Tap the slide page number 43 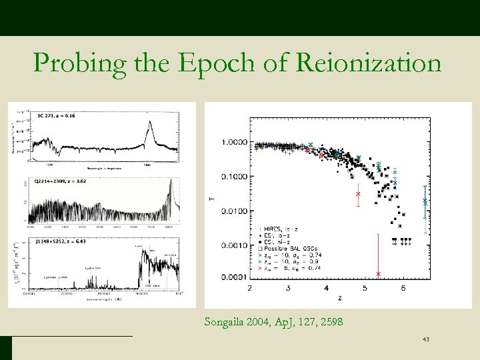[x=425, y=341]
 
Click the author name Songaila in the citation [x=227, y=323]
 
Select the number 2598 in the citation [x=331, y=323]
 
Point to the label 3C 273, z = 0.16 [x=55, y=114]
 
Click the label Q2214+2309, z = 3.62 [x=61, y=180]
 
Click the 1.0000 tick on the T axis [x=235, y=142]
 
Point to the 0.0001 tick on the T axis [x=235, y=279]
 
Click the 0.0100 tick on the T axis [x=235, y=211]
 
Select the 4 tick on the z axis [x=326, y=288]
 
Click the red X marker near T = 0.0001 [x=379, y=274]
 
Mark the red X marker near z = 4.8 [x=358, y=194]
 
